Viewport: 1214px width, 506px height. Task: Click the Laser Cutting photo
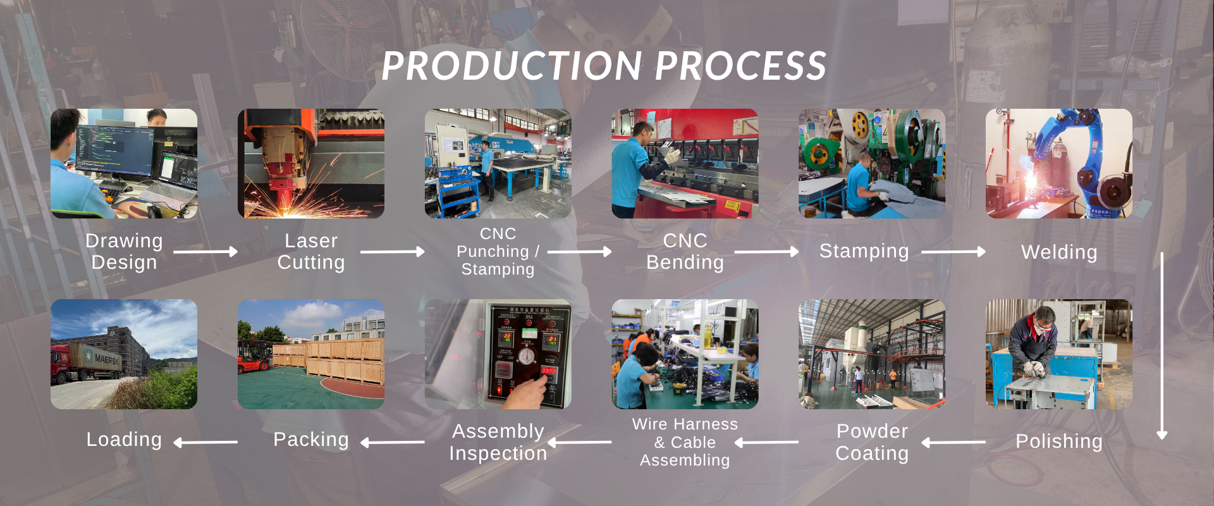coord(311,163)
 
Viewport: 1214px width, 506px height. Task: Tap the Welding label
coord(1059,252)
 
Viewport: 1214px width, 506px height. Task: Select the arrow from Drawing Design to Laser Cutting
coord(205,252)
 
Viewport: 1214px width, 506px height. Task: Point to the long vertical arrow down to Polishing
coord(1162,345)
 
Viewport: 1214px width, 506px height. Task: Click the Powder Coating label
coord(872,442)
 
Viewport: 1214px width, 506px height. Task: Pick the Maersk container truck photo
coord(124,354)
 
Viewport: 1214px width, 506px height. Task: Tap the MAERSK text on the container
coord(107,359)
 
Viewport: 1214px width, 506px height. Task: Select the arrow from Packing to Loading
coord(205,443)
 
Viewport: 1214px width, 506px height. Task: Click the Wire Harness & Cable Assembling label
coord(685,442)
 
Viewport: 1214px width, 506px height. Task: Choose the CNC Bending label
coord(685,252)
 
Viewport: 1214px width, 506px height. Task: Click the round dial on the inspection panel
coord(526,356)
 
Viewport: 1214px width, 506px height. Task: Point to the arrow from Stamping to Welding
coord(953,252)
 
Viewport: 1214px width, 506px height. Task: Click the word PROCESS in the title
coord(740,66)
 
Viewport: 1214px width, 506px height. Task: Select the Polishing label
coord(1059,441)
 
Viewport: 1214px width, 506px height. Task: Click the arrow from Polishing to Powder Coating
coord(953,443)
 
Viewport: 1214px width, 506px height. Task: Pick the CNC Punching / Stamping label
coord(498,252)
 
